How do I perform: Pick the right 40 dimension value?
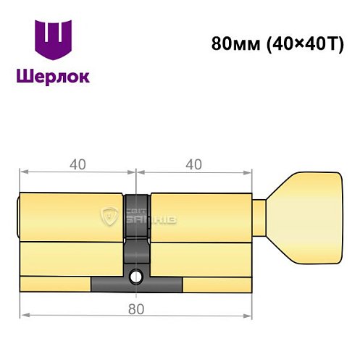point(193,164)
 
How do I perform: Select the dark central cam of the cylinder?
point(135,232)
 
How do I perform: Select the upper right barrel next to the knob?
point(203,215)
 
